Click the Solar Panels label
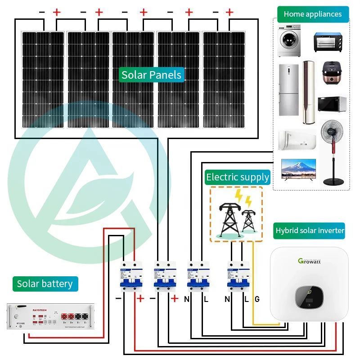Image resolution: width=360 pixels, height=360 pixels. click(x=152, y=75)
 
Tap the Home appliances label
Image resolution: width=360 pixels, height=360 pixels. click(x=313, y=14)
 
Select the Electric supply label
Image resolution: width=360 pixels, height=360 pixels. click(x=238, y=177)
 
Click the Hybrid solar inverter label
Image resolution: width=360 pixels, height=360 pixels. click(x=310, y=230)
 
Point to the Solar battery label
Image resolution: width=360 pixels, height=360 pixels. click(x=45, y=283)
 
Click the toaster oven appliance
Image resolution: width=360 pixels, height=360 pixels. click(x=328, y=42)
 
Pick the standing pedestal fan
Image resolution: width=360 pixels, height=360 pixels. click(x=334, y=153)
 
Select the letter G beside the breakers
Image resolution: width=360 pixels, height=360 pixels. click(x=257, y=299)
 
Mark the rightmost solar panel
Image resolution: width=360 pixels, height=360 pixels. click(x=224, y=79)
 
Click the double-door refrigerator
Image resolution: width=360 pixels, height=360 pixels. click(x=288, y=90)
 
